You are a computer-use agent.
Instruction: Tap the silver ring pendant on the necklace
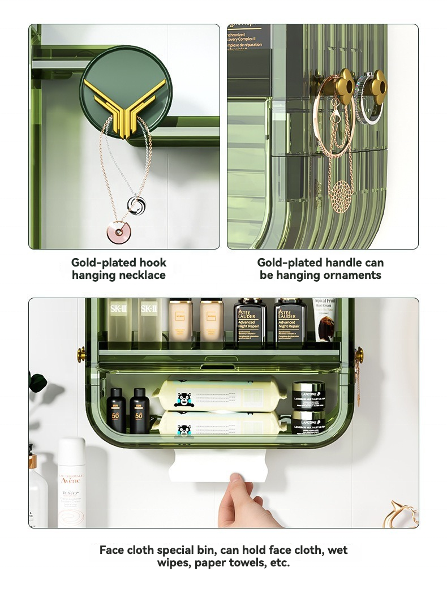point(135,205)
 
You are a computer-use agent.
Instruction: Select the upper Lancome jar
point(308,393)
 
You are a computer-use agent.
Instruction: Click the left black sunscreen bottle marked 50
point(116,410)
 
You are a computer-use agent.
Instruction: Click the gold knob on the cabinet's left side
point(81,355)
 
